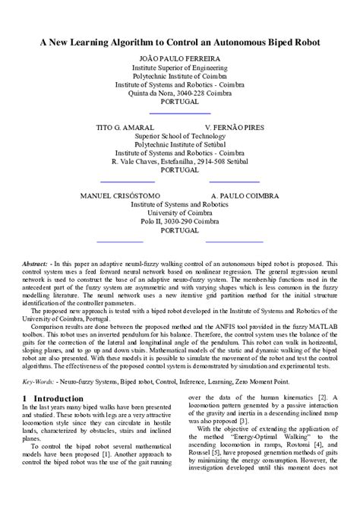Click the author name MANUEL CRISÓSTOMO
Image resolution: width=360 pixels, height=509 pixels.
tap(118, 196)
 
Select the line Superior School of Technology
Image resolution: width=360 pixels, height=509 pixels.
tap(180, 136)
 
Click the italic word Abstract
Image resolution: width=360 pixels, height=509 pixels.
tap(35, 264)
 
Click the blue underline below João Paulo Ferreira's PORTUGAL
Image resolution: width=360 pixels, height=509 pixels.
tap(180, 112)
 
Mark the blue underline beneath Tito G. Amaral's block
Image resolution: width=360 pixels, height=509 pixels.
tap(128, 182)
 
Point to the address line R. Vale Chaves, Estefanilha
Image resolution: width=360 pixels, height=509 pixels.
tap(180, 161)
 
